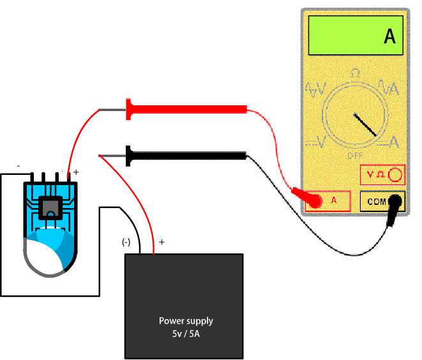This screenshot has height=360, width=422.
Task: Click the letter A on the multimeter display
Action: point(389,36)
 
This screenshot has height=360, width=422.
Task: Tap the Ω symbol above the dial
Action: point(355,74)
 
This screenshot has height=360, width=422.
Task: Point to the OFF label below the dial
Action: point(355,155)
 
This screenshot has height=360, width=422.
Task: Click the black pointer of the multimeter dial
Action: point(366,125)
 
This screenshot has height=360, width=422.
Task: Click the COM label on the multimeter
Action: point(376,201)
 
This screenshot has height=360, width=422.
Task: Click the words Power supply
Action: point(186,320)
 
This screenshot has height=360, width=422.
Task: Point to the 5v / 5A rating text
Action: point(186,333)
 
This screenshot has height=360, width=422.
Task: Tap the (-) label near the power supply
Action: point(126,242)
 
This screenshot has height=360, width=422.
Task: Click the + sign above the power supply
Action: point(161,242)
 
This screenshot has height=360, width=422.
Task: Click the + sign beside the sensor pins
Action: point(76,172)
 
